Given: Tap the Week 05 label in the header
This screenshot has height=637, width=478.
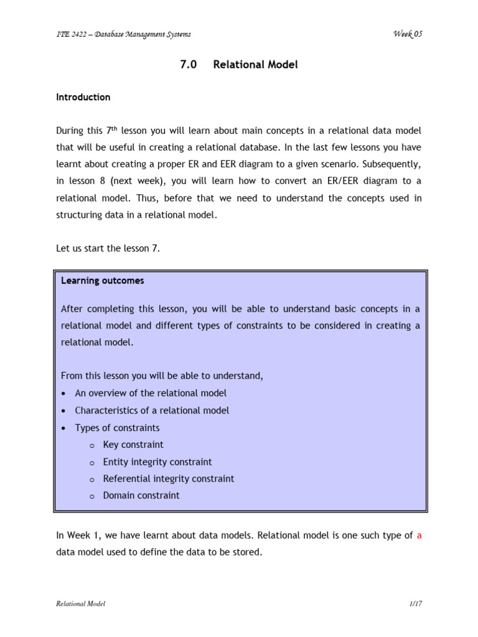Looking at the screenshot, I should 407,34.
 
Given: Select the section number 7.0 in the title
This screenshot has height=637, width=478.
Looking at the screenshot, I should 188,65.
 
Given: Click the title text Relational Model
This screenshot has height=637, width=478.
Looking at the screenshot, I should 255,65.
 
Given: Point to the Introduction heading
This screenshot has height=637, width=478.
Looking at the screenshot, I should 83,97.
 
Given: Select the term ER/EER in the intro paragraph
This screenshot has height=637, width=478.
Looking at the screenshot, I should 354,180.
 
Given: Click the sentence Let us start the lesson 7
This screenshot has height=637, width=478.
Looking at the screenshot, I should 107,249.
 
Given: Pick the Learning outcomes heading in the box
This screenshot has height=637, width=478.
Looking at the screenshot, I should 103,281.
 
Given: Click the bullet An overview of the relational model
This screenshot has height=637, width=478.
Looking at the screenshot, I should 151,393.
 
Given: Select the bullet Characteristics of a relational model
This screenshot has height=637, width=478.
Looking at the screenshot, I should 152,411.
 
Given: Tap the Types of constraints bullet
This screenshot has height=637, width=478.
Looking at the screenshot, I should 117,428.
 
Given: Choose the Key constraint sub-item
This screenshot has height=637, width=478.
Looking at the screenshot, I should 133,445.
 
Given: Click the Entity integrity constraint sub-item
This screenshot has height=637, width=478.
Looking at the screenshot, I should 157,462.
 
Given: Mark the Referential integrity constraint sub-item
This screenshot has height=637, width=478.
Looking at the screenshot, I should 169,479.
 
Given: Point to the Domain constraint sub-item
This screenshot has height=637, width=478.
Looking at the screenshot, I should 141,496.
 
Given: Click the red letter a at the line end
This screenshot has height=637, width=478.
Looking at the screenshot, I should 419,536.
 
